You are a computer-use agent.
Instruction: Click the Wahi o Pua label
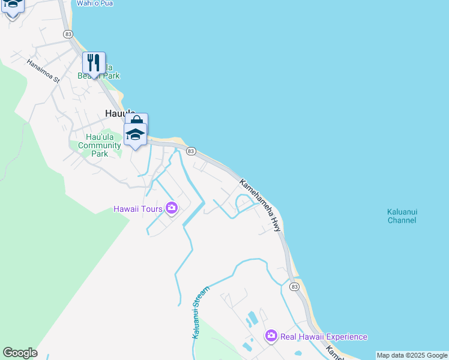[95, 4]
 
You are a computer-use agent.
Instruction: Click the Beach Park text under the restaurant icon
[98, 76]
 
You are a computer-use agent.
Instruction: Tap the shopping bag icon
[136, 122]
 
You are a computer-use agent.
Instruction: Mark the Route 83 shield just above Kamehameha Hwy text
[191, 151]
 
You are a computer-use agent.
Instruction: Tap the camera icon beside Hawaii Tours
[172, 208]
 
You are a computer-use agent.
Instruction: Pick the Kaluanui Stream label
[200, 313]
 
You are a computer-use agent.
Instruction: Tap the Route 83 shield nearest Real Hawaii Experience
[294, 287]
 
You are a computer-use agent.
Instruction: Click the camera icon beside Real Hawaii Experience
[271, 336]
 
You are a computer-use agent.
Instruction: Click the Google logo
[20, 353]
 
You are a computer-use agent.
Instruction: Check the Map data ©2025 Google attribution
[412, 355]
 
